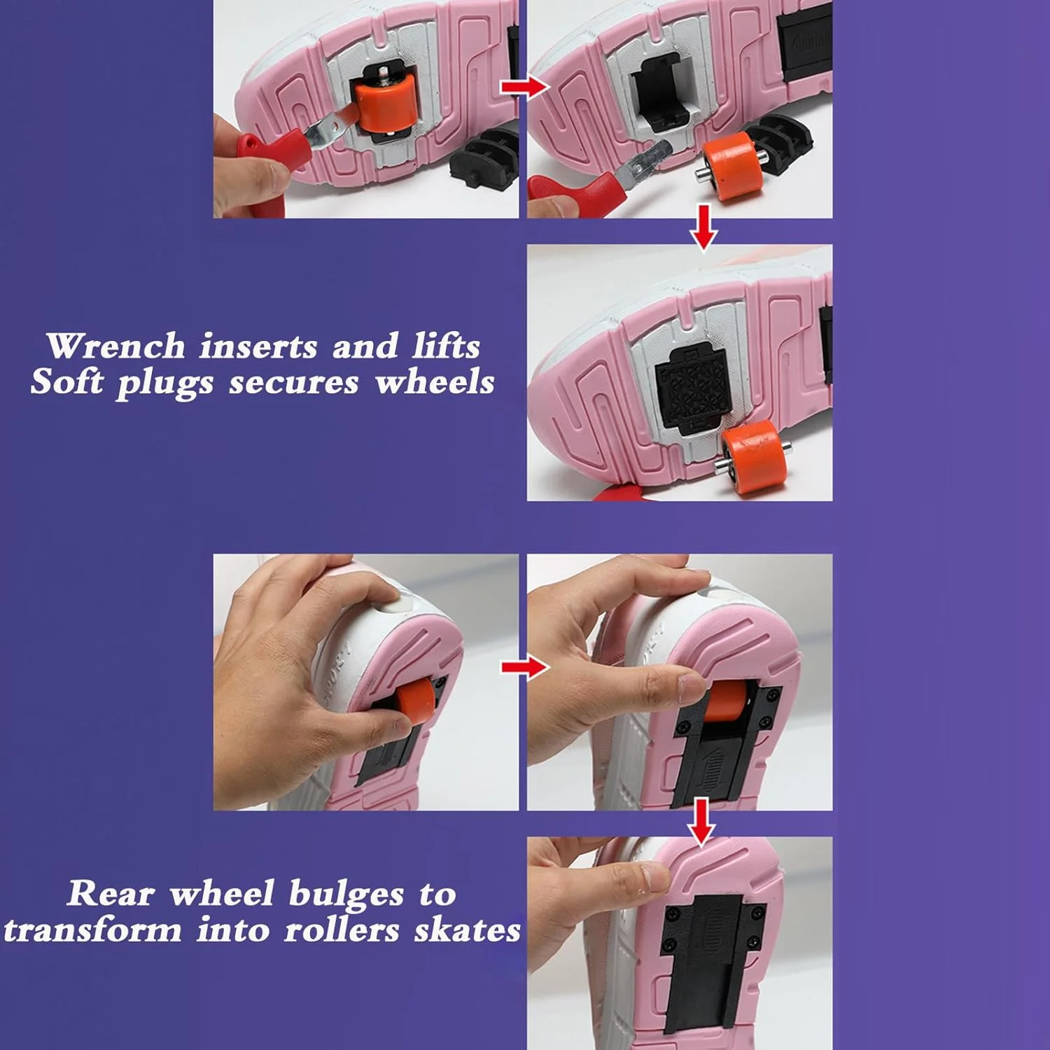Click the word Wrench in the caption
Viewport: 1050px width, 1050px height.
point(116,346)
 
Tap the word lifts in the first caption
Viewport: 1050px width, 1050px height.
point(446,346)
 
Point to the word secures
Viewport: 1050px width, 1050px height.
point(294,384)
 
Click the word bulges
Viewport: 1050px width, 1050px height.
point(346,895)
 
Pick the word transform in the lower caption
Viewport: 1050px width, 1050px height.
point(92,931)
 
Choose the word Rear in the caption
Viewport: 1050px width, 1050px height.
point(111,894)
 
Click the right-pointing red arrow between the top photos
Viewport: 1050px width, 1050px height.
point(524,87)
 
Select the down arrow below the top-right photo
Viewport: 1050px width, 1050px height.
point(703,227)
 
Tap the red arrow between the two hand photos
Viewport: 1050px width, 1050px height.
point(525,667)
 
